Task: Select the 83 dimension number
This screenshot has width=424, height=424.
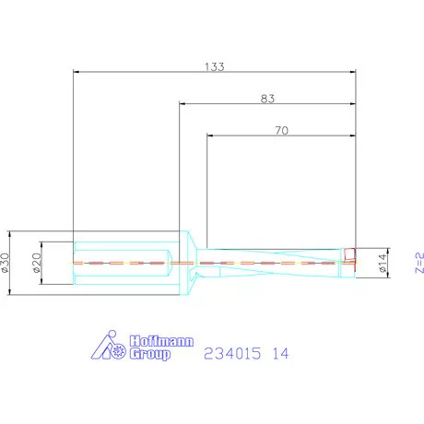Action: pyautogui.click(x=269, y=97)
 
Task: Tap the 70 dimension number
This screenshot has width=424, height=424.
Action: pyautogui.click(x=282, y=131)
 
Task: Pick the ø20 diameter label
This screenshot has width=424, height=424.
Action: pyautogui.click(x=37, y=262)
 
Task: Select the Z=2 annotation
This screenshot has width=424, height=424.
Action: pyautogui.click(x=418, y=264)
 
